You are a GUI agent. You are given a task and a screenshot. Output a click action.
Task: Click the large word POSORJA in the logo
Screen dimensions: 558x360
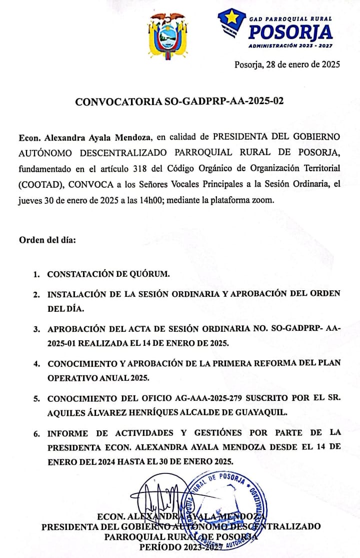pos(290,32)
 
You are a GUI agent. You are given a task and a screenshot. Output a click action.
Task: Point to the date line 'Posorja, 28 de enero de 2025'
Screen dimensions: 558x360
pos(287,64)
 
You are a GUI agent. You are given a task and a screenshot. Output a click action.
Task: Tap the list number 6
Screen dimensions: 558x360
pos(36,434)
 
